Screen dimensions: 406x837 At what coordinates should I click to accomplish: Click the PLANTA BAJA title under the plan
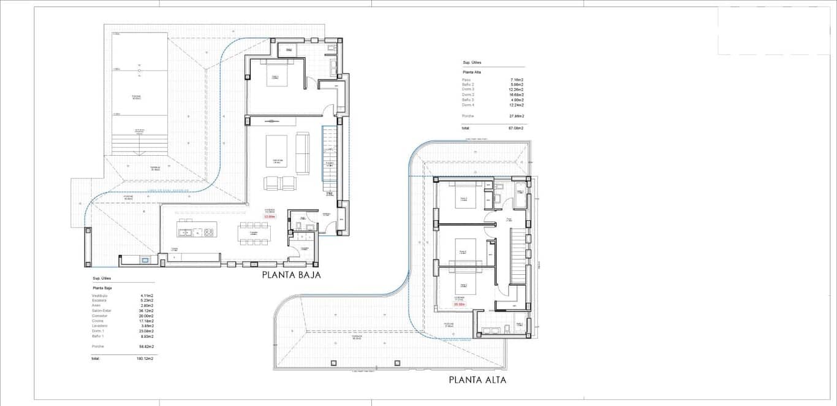tap(291, 275)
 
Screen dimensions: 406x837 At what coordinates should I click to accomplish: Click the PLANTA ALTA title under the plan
tap(477, 380)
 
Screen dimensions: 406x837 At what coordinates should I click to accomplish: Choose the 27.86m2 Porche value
tap(516, 116)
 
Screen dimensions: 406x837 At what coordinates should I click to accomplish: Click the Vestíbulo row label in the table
tap(99, 296)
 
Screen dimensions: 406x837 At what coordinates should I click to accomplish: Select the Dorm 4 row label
tap(468, 105)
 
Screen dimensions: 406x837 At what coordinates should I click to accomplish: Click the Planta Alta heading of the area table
tap(472, 72)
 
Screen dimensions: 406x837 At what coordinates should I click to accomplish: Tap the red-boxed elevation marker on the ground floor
tap(270, 216)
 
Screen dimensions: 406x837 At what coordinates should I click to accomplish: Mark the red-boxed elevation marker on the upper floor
tap(459, 304)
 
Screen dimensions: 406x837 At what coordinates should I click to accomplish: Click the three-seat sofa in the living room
tap(303, 145)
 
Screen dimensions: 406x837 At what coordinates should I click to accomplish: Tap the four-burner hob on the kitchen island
tap(208, 232)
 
